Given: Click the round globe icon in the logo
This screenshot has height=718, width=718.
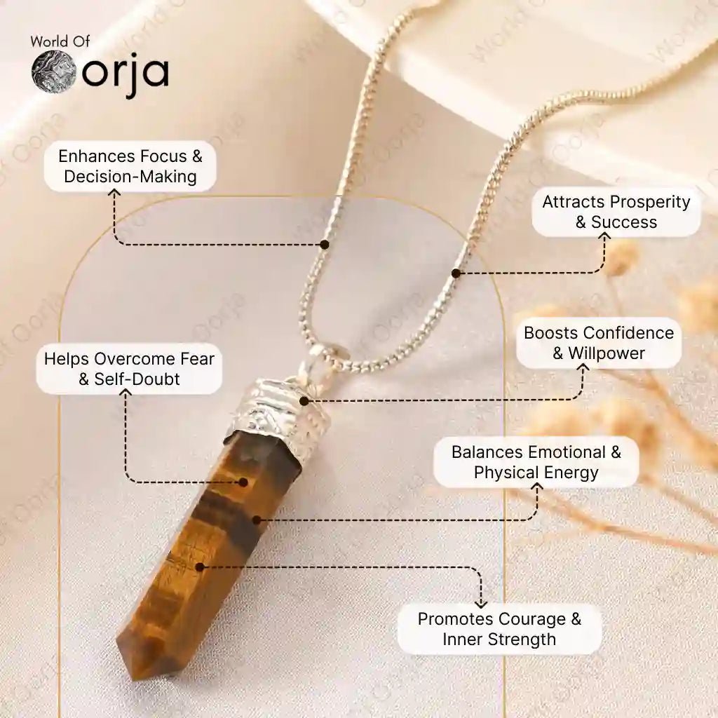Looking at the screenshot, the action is [53, 72].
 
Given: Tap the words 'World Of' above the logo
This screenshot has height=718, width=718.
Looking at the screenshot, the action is [60, 41].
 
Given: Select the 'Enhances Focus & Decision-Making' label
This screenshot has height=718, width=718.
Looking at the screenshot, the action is [130, 166].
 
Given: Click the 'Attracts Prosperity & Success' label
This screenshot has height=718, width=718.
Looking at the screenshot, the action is [616, 212].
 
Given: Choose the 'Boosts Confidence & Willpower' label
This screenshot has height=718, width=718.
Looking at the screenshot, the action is [599, 343].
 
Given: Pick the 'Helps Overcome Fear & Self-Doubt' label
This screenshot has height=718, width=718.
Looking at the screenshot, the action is [129, 369].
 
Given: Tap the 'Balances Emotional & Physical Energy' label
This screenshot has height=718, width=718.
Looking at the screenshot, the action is [536, 462].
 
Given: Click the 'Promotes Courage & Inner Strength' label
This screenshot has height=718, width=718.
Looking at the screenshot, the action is [499, 629].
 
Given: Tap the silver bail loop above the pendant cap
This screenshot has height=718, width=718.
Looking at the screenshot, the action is [320, 361].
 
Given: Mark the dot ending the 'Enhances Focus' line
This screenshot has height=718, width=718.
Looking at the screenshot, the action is [325, 245].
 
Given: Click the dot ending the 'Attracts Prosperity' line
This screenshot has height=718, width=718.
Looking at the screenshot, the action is [456, 273].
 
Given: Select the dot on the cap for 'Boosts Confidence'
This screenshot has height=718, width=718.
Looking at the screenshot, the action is [304, 401].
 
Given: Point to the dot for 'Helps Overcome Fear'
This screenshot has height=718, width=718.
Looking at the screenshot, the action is [243, 482].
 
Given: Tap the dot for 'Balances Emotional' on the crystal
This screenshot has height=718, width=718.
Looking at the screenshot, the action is [257, 520].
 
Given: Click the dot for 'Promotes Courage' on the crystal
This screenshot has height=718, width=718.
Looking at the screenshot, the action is [200, 567].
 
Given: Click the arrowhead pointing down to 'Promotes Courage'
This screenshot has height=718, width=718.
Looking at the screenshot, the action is [480, 604].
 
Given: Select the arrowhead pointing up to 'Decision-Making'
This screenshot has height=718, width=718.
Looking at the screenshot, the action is [114, 194].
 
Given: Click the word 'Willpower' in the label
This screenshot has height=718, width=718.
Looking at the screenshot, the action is [607, 353].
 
